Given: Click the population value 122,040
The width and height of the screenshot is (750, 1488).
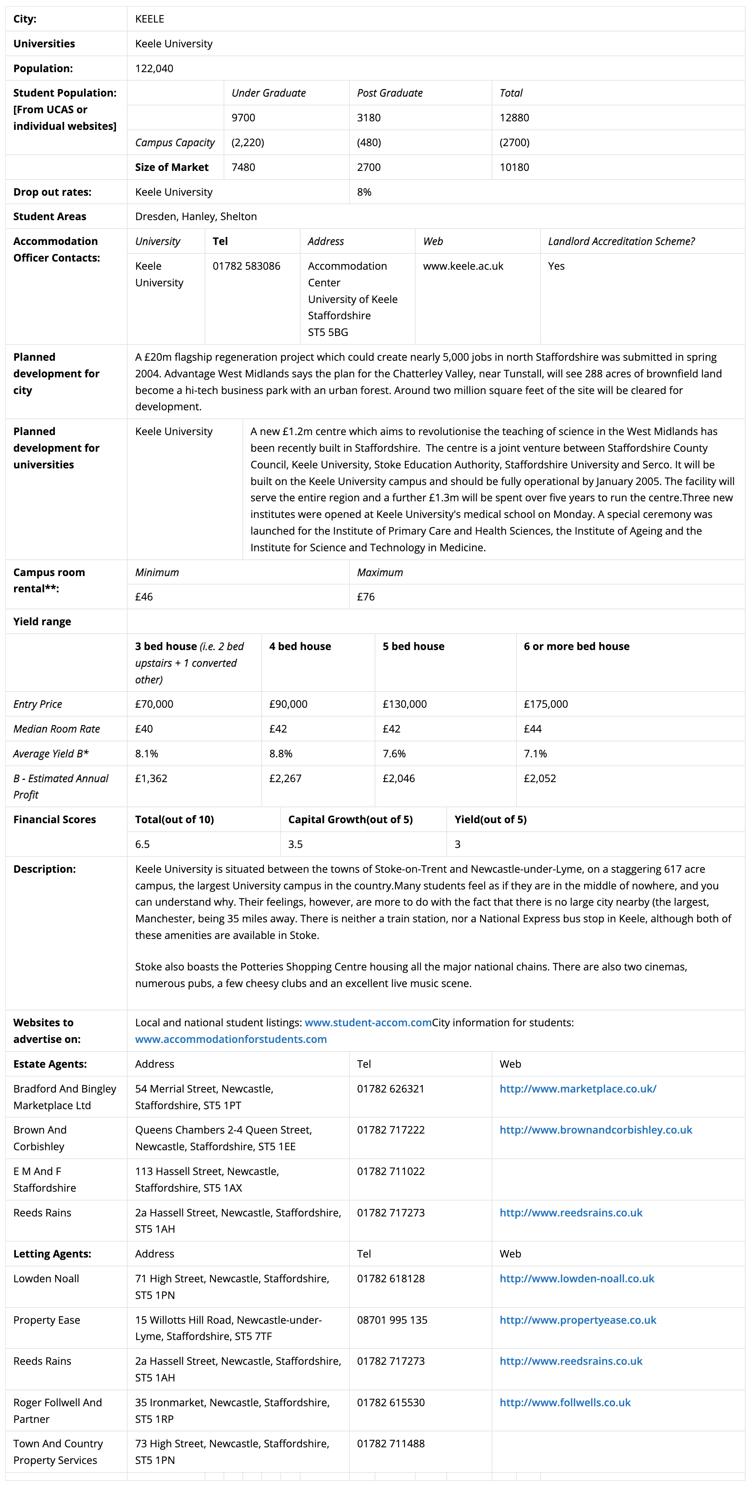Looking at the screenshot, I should [x=154, y=68].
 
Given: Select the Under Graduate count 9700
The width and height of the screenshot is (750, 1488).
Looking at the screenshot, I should [x=243, y=118].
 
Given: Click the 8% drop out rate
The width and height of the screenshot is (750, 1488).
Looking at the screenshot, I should [x=364, y=192].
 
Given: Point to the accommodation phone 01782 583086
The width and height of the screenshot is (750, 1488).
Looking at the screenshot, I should [x=246, y=266].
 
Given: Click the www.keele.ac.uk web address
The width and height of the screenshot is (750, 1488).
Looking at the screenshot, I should [x=463, y=266].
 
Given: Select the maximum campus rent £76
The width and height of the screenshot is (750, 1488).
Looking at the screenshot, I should [x=366, y=597].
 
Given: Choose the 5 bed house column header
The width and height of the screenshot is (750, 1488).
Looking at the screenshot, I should [x=413, y=646].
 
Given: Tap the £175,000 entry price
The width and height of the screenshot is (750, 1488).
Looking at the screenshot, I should [x=545, y=704].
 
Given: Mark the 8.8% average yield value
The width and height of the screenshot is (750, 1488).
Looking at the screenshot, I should [x=281, y=754].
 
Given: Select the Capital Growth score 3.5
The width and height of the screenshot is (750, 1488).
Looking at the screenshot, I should [x=295, y=845].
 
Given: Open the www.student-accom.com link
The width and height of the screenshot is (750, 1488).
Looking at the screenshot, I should [x=368, y=1023].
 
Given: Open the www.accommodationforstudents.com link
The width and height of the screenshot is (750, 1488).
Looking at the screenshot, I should [x=231, y=1039].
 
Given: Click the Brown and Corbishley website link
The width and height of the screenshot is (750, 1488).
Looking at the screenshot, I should [x=596, y=1130].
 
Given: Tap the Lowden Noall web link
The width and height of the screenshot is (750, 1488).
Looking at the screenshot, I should [x=577, y=1279].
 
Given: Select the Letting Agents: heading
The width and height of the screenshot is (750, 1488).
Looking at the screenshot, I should [x=52, y=1254].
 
